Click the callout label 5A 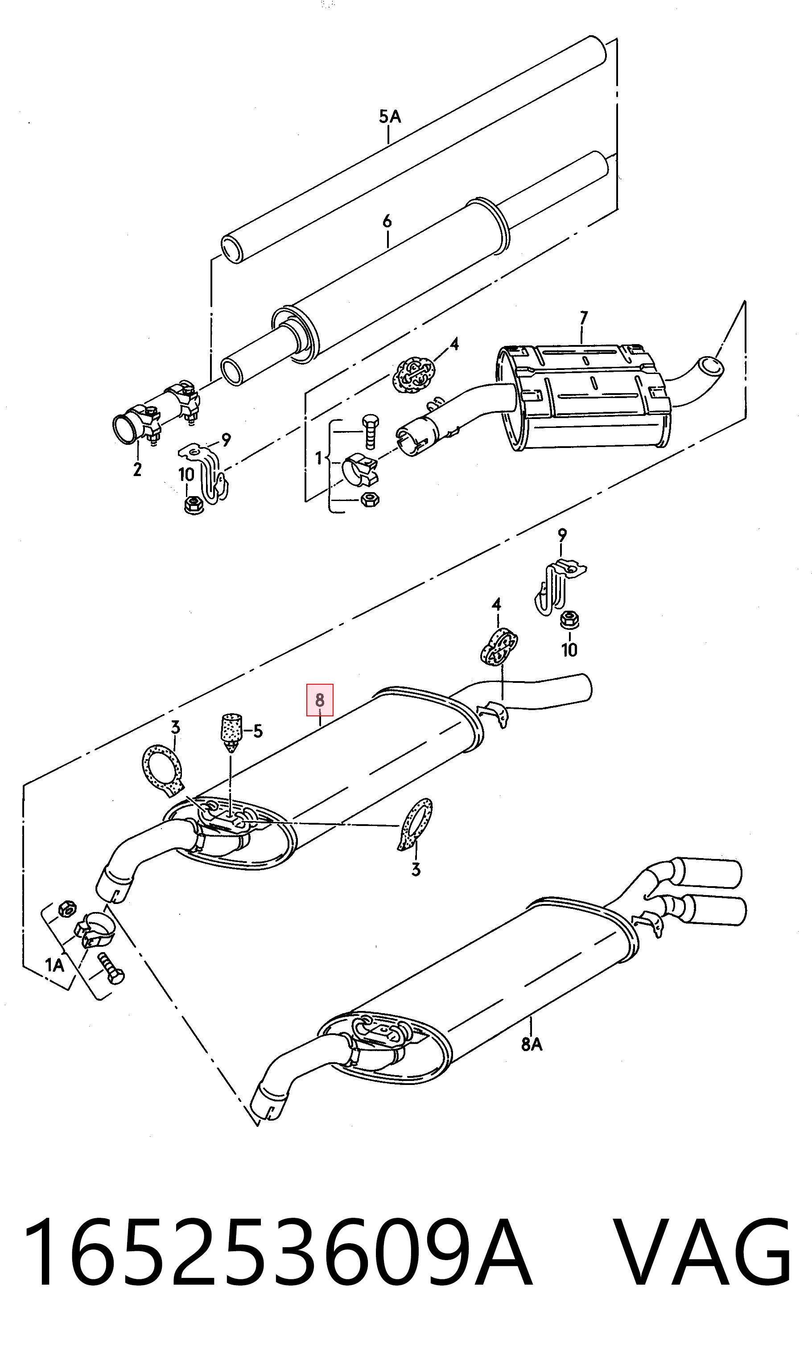390,116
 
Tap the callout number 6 387,221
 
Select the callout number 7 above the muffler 583,318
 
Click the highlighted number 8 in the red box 320,699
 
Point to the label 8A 532,1044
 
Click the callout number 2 137,468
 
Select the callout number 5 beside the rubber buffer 258,731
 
